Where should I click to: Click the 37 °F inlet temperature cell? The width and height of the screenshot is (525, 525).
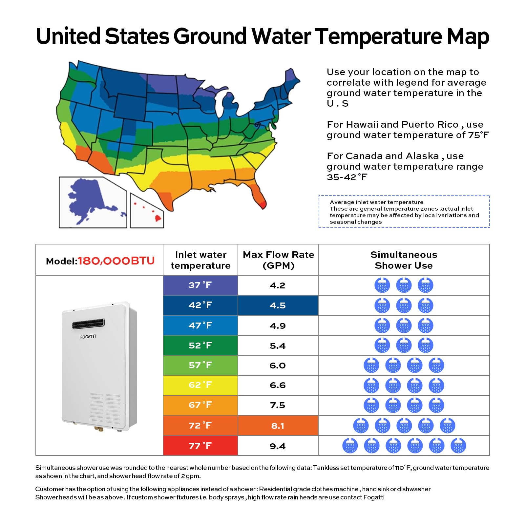tap(200, 285)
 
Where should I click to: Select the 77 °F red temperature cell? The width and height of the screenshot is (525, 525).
tap(200, 446)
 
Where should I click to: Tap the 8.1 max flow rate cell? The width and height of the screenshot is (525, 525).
tap(278, 426)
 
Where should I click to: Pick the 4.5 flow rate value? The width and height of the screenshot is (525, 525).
tap(278, 305)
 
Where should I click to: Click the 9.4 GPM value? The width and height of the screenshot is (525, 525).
tap(278, 446)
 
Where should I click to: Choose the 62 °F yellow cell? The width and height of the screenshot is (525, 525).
tap(200, 385)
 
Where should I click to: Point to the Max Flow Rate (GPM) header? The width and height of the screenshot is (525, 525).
tap(278, 260)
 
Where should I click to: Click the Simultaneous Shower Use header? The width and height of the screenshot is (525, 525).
tap(404, 260)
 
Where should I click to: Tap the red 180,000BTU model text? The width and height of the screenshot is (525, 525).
tap(116, 261)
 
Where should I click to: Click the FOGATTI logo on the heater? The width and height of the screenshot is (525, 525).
tap(88, 337)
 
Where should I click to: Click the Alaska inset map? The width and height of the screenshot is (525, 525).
tap(93, 202)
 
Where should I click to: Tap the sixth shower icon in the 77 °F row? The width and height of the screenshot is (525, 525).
tap(458, 446)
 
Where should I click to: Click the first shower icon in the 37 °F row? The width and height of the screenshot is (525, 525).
tap(382, 285)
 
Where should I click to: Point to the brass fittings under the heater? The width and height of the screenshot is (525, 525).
tap(98, 428)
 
